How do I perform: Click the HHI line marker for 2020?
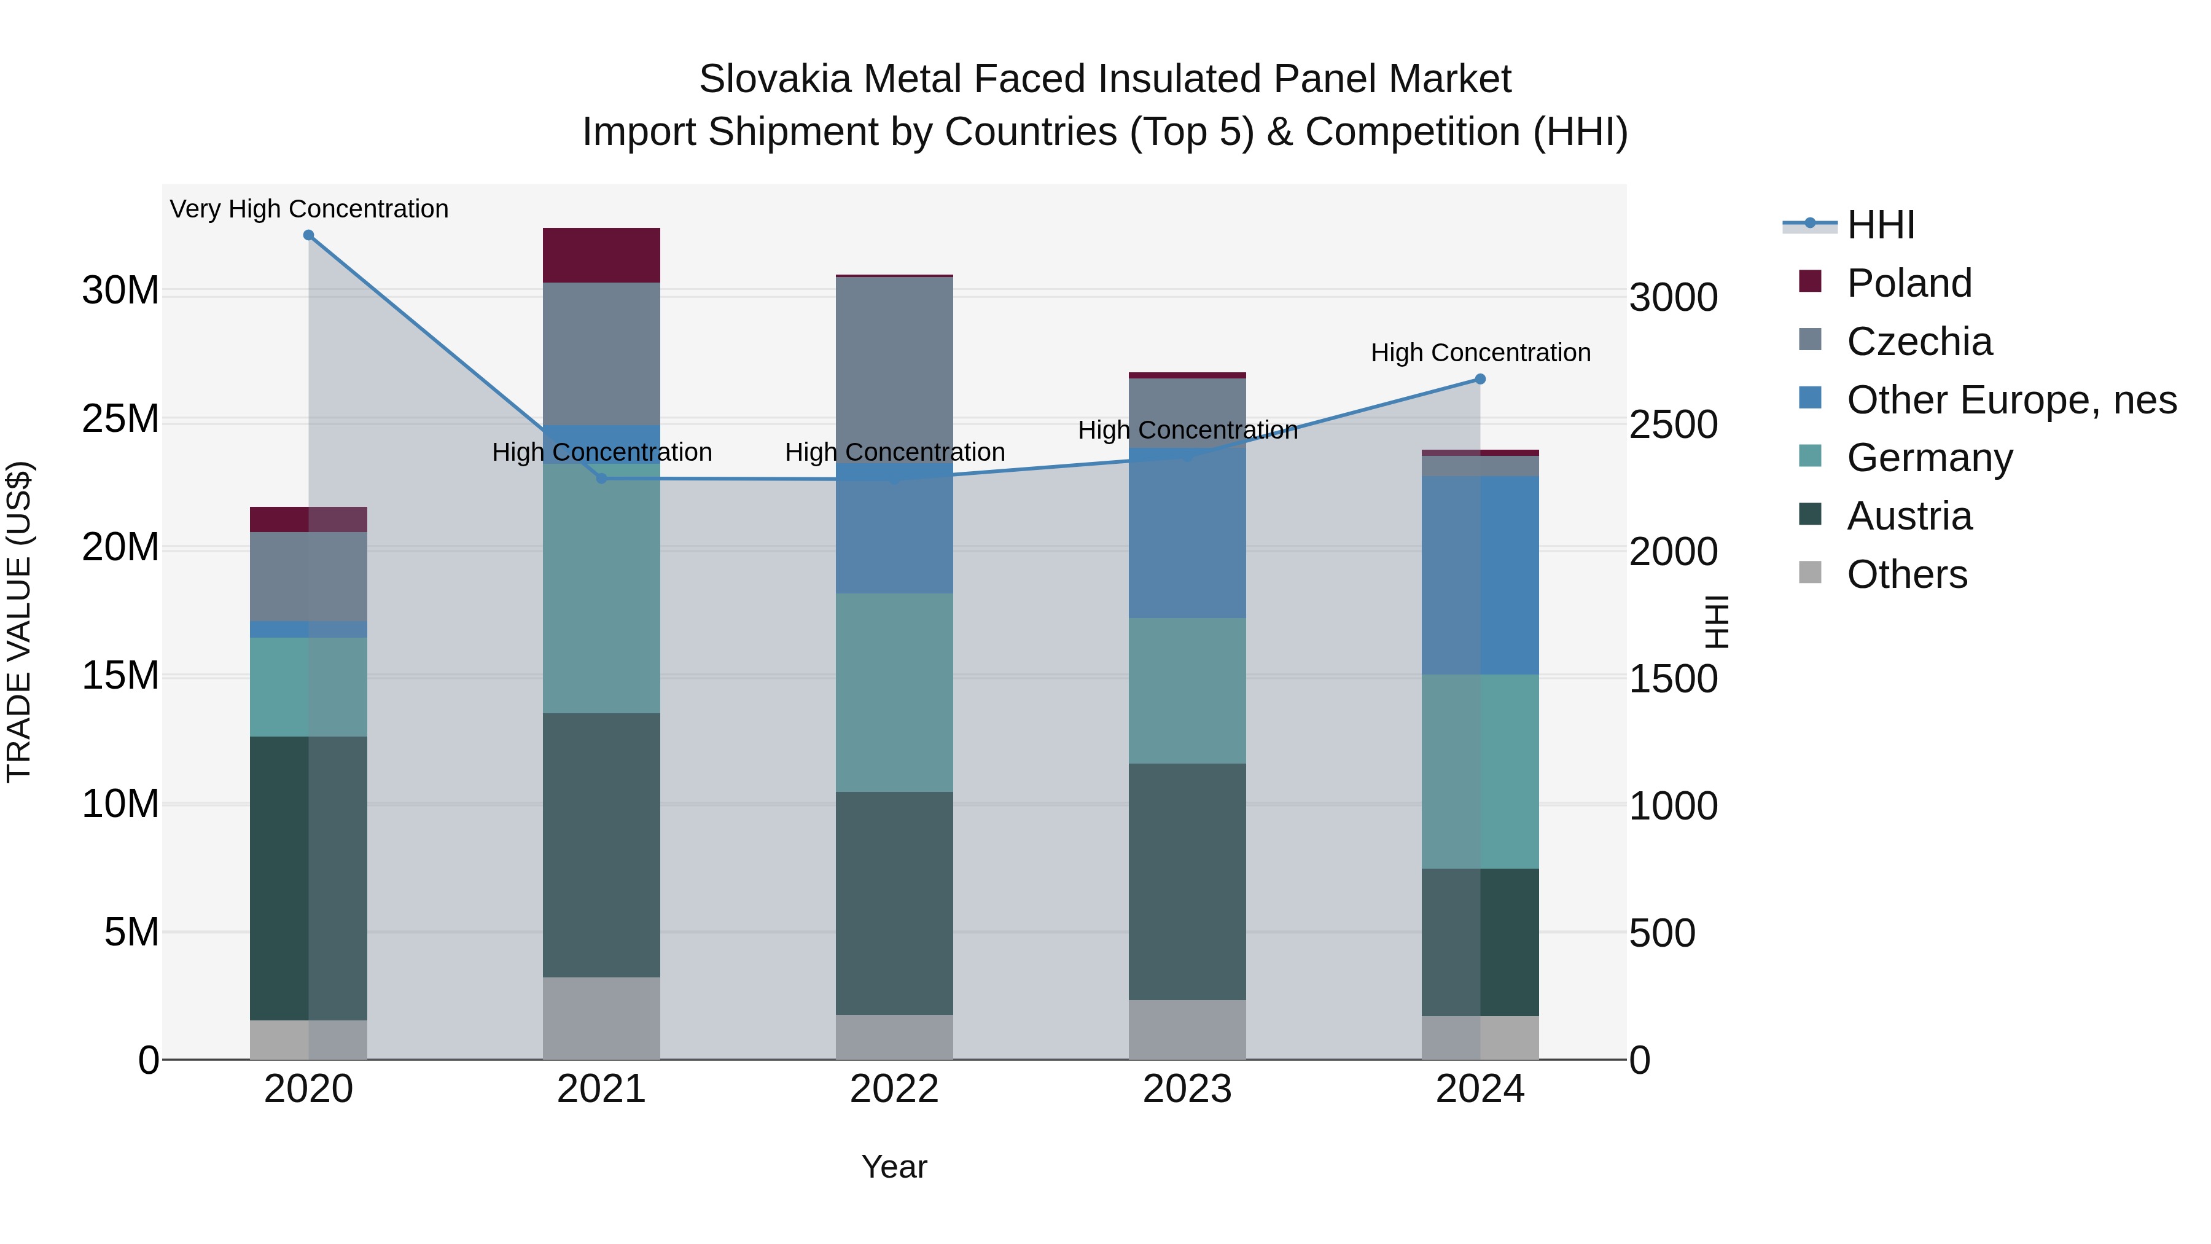click(308, 235)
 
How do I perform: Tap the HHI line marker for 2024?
click(1480, 378)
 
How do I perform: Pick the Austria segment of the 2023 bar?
click(1187, 881)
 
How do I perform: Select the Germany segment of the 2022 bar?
click(894, 692)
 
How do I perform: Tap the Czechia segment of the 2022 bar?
click(894, 369)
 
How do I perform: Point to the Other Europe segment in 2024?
click(1480, 575)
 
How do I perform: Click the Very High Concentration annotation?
click(309, 209)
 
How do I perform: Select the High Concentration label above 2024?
click(1480, 353)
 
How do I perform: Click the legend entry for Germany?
click(1928, 458)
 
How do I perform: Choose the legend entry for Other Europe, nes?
click(2011, 400)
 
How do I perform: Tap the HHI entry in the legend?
click(1880, 225)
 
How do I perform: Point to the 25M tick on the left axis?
click(120, 419)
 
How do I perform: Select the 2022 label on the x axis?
click(894, 1089)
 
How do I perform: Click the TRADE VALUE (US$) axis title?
click(19, 622)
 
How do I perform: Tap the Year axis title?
click(894, 1167)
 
